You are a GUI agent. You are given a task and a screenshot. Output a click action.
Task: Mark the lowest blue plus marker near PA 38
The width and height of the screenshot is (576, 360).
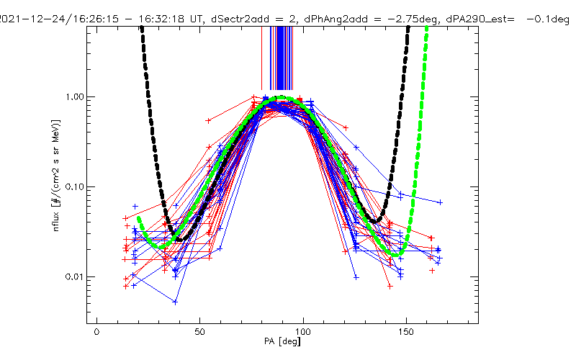pyautogui.click(x=175, y=302)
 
